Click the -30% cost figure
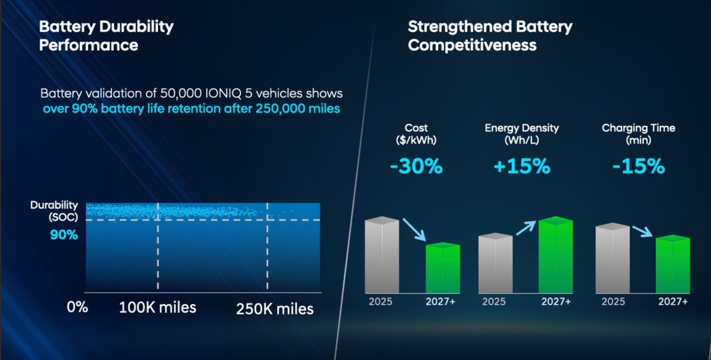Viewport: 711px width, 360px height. pos(416,166)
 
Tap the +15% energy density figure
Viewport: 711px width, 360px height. pos(522,166)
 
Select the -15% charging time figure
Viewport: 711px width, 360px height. pos(639,166)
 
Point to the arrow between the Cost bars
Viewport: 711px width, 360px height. pos(415,229)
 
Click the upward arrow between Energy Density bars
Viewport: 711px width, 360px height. pos(526,228)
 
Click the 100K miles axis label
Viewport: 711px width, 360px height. pos(158,308)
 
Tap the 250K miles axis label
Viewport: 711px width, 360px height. pos(275,309)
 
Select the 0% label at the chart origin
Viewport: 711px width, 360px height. pos(77,307)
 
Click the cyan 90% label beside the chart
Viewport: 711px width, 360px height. pos(64,235)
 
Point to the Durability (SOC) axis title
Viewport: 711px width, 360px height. pos(54,210)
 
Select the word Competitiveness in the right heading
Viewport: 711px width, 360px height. pos(472,45)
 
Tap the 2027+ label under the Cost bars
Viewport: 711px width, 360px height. pos(440,301)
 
